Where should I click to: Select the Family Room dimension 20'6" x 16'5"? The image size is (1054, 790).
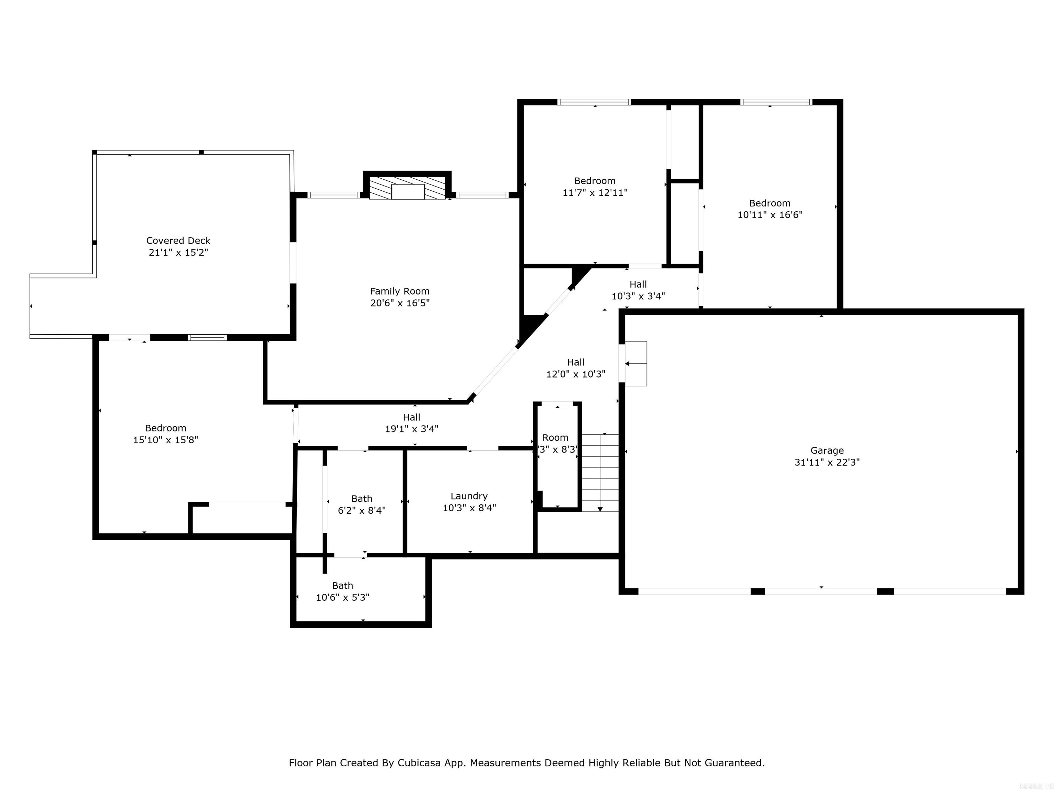(400, 303)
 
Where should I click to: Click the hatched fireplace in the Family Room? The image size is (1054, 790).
(407, 189)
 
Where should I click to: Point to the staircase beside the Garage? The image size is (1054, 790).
(600, 472)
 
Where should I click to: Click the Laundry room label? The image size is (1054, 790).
(469, 496)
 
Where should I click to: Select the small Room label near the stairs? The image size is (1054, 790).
(555, 437)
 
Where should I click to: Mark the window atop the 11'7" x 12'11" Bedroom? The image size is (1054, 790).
(594, 102)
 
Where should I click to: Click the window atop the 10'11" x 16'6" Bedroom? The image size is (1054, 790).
(776, 102)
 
